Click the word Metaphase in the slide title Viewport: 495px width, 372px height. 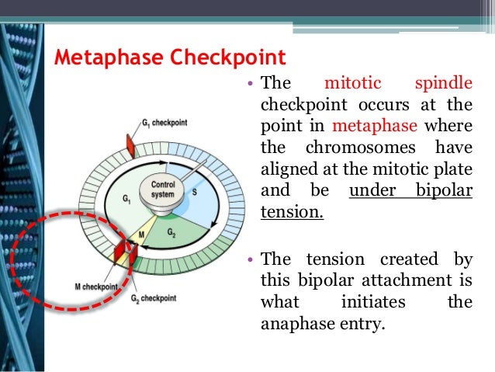point(100,57)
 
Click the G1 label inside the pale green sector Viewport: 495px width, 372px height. point(126,199)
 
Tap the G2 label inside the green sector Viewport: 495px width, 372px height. point(171,232)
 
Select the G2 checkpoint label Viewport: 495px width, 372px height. point(152,298)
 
